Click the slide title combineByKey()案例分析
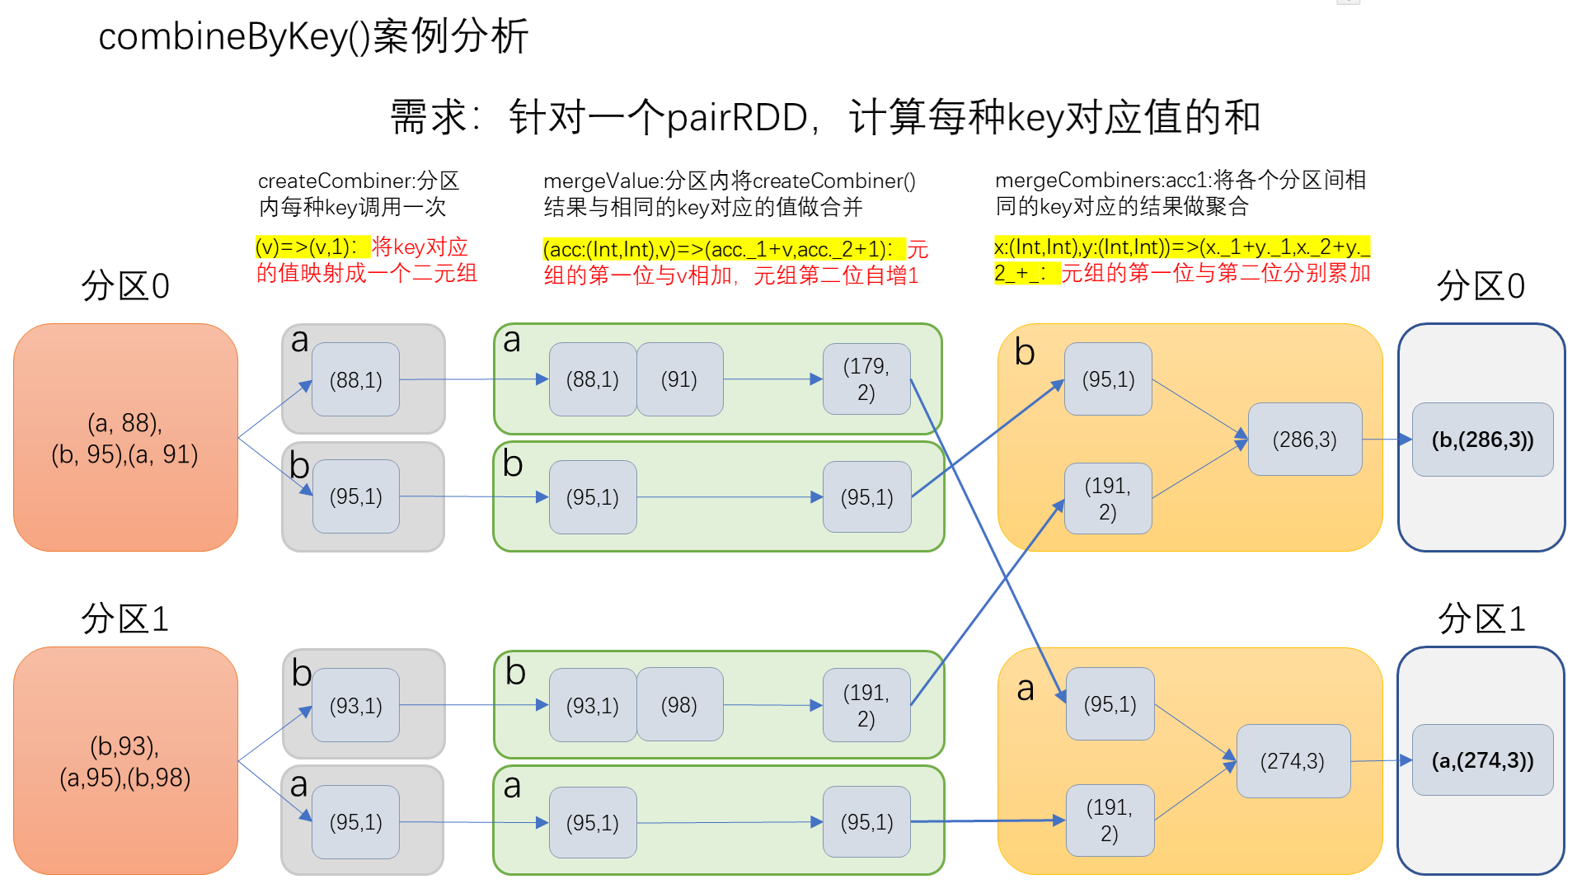click(x=313, y=36)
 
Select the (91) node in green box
click(x=679, y=379)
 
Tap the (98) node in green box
click(x=679, y=705)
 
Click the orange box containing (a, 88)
click(x=125, y=437)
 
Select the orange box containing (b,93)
click(x=125, y=760)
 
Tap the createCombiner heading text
click(x=359, y=193)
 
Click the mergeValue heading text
click(x=729, y=193)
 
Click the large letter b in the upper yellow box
click(x=1025, y=353)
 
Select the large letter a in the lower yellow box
click(x=1025, y=689)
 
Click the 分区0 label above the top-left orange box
click(x=125, y=286)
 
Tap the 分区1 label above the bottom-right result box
click(x=1481, y=618)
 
